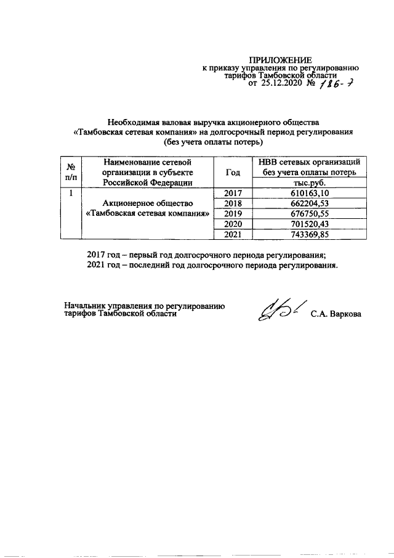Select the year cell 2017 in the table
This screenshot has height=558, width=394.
coord(233,193)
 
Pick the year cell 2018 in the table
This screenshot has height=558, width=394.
coord(233,203)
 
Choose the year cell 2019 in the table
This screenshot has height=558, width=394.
coord(233,213)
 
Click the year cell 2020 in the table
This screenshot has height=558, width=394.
coord(233,224)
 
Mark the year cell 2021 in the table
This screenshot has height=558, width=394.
coord(233,234)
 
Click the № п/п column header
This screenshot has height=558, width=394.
coord(71,172)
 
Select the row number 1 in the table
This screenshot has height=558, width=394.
coord(71,193)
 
